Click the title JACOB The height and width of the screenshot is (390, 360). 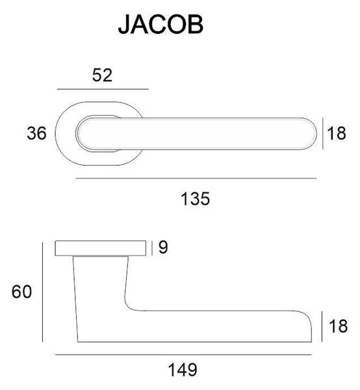(x=161, y=25)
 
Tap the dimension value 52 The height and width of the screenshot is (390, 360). (x=102, y=75)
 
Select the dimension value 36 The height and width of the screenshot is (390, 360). (x=36, y=133)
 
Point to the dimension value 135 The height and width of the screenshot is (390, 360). (x=195, y=199)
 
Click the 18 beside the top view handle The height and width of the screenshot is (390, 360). (x=337, y=133)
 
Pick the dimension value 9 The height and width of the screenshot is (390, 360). (x=163, y=248)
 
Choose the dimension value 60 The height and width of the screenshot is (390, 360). (x=21, y=292)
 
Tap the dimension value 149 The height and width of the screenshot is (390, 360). (x=183, y=370)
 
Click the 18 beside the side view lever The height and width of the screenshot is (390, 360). (x=338, y=326)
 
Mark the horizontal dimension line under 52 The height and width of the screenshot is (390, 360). (x=103, y=89)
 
